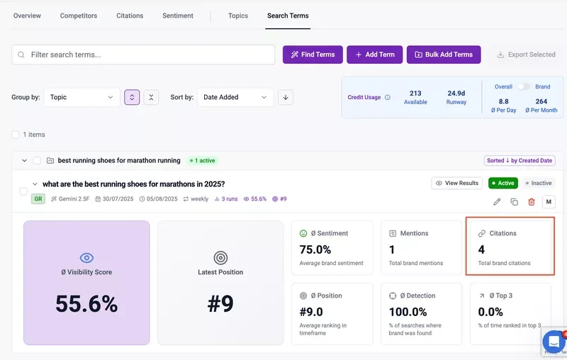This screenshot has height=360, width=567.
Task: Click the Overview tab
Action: click(x=27, y=16)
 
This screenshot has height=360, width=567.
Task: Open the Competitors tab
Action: click(x=79, y=16)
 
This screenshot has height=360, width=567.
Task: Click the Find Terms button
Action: click(x=313, y=55)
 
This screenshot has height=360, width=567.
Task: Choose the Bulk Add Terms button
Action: click(x=444, y=55)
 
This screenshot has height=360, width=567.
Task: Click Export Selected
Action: click(x=526, y=55)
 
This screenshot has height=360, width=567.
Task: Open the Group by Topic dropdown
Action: click(x=82, y=97)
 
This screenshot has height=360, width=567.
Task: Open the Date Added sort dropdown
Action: click(x=235, y=97)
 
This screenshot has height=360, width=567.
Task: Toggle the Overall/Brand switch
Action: click(x=523, y=86)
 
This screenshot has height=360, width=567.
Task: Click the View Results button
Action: click(x=457, y=183)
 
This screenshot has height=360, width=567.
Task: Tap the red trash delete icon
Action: click(x=532, y=202)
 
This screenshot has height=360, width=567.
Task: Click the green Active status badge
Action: click(x=503, y=183)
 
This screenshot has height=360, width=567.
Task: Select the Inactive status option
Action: click(x=539, y=183)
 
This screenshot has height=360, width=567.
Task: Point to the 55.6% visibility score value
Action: click(x=86, y=303)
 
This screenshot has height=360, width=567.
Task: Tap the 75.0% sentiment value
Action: click(x=315, y=249)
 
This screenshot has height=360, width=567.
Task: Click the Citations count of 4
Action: click(x=482, y=249)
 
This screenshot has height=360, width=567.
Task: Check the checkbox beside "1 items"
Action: click(x=16, y=134)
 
